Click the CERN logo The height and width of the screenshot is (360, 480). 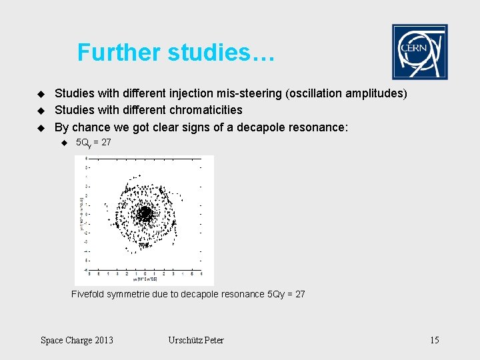(419, 52)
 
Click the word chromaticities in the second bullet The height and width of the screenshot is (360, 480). (206, 110)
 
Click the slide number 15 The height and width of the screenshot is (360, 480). (434, 341)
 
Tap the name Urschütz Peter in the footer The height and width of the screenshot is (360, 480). (196, 341)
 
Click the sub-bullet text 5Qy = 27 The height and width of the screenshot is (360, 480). (93, 143)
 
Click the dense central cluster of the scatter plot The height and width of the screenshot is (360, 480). (144, 213)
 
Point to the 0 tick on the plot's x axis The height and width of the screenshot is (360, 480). (145, 274)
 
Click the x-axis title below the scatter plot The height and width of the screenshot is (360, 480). (144, 280)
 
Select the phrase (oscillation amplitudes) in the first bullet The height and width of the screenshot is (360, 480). (346, 93)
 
